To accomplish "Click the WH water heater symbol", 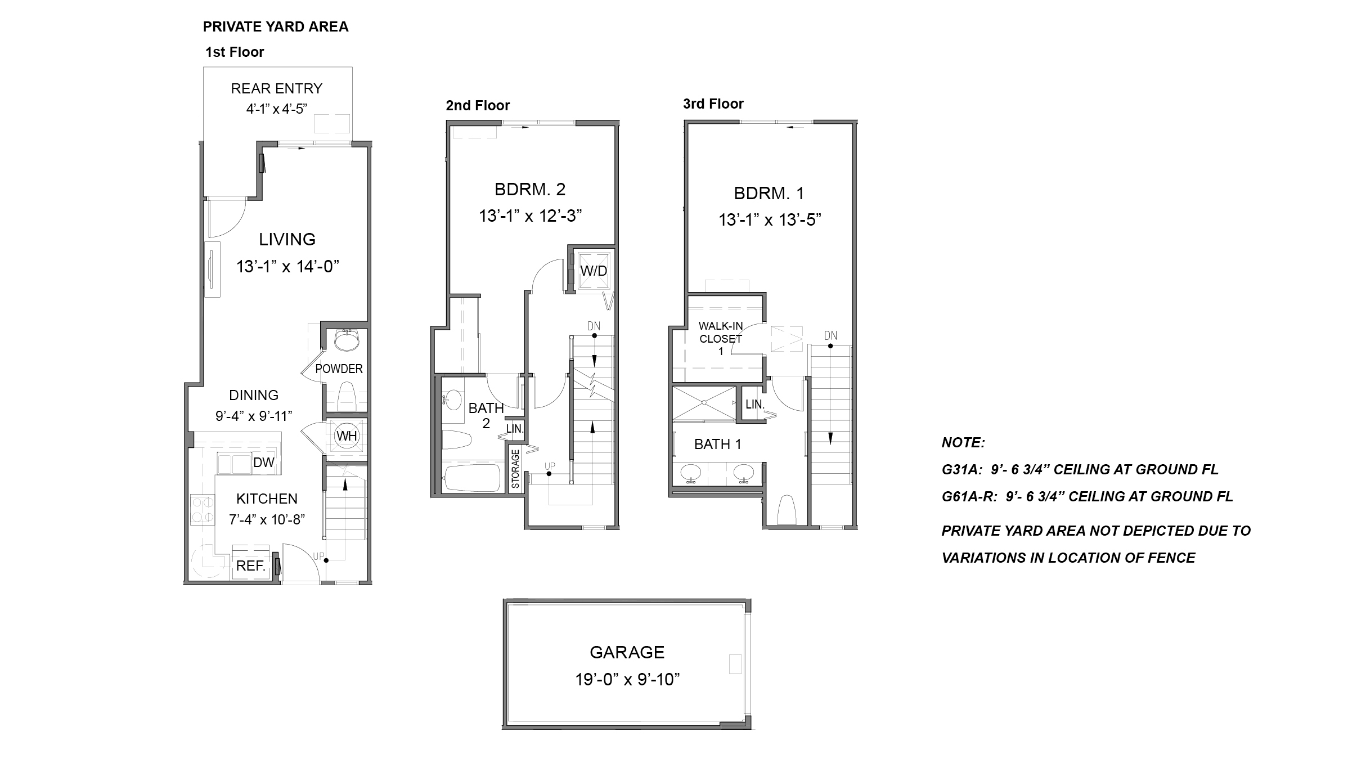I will point(347,436).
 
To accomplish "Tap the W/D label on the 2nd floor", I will point(594,271).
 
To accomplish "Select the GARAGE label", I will point(627,652).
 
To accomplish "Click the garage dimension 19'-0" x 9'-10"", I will point(627,680).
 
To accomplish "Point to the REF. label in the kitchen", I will point(251,566).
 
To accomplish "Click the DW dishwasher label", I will point(263,463).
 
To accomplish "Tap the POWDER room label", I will point(339,369).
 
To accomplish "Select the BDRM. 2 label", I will point(530,190).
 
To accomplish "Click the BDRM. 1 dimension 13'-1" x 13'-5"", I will point(769,220).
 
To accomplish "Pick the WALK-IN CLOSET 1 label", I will point(721,338).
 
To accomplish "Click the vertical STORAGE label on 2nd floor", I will point(515,469).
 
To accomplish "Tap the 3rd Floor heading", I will point(713,104).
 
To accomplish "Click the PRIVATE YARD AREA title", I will point(276,27).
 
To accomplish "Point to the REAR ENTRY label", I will point(276,89).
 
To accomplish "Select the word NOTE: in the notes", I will point(963,443).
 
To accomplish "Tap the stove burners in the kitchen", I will point(202,509).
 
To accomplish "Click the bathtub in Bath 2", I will point(471,478).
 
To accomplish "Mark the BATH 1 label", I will point(717,445).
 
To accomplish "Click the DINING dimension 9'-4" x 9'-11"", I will point(254,416).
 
